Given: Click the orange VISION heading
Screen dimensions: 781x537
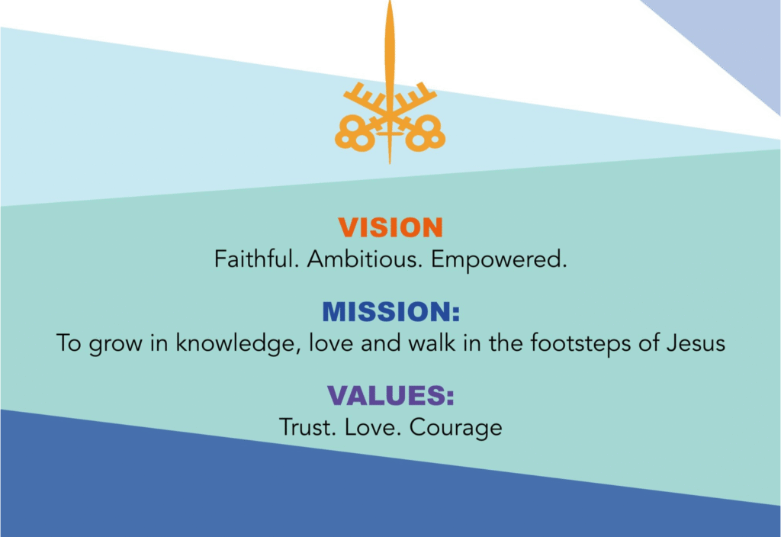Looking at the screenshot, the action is (x=390, y=227).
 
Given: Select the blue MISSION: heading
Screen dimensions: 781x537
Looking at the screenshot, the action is (x=391, y=311).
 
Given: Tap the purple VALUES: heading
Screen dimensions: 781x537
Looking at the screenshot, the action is (x=391, y=395).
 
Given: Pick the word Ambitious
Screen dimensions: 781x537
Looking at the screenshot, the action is (x=365, y=259).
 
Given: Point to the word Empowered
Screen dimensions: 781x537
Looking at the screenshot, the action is (x=499, y=260).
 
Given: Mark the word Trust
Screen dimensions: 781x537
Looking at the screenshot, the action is (x=307, y=427).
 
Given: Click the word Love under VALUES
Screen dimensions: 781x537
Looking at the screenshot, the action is (x=372, y=427).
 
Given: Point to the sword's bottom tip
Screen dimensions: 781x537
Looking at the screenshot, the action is (x=390, y=163).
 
